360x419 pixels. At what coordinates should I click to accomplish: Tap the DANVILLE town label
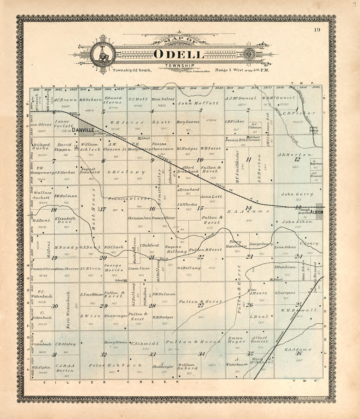point(83,130)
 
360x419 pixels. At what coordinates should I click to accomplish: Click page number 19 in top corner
point(316,30)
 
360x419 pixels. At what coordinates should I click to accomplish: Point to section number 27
point(201,305)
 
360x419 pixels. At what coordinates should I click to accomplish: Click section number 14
point(249,208)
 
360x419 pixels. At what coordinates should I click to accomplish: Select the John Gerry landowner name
point(297,194)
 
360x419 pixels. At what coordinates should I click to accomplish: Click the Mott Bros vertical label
point(94,210)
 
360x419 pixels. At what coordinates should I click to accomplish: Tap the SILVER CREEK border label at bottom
point(112,382)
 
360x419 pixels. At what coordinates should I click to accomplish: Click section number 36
point(298,353)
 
